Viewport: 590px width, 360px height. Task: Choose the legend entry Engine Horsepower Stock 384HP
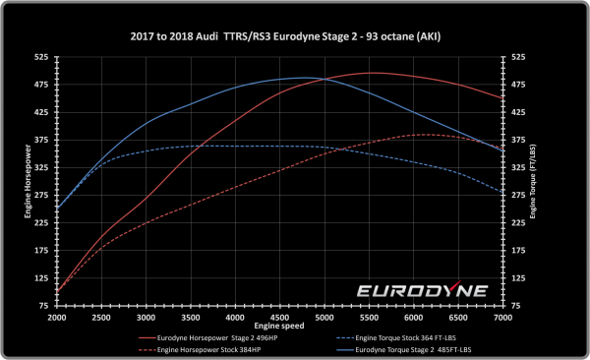click(202, 348)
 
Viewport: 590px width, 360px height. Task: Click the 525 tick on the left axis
click(42, 57)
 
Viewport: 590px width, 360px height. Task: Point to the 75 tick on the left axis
click(44, 307)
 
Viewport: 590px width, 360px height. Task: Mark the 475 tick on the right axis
click(518, 85)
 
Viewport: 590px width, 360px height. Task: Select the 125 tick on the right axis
click(518, 279)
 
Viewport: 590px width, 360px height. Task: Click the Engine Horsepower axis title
click(27, 183)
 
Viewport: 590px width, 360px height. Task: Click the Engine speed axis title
click(280, 326)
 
